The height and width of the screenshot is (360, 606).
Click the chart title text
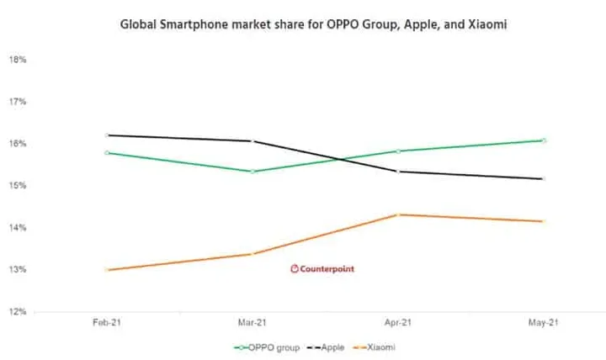point(313,24)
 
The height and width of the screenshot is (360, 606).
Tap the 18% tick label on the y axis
point(18,60)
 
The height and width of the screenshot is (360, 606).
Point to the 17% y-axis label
point(18,102)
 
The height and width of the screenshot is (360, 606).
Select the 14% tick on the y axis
point(18,227)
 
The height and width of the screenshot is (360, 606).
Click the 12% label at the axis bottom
point(18,311)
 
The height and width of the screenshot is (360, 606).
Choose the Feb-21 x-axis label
point(107,322)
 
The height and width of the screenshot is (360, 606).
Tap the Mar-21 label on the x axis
point(252,322)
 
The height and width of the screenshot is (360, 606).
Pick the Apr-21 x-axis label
point(397,322)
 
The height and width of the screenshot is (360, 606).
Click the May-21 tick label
point(544,322)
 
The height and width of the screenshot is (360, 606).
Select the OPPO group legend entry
point(267,347)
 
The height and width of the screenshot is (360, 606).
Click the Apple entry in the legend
point(326,347)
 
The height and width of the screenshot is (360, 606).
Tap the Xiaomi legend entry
point(374,347)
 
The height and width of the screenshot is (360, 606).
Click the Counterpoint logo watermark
point(322,269)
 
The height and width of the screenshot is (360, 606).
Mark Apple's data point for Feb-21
point(107,135)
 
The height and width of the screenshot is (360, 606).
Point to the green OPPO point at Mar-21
point(252,172)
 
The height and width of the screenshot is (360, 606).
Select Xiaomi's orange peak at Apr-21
point(398,214)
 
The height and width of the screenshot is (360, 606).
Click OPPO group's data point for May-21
point(544,140)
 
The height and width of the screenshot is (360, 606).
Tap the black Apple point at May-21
point(544,179)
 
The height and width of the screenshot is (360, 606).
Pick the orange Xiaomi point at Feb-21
point(107,270)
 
